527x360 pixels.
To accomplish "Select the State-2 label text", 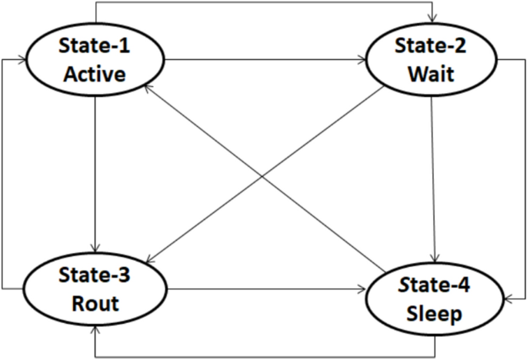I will pos(432,47).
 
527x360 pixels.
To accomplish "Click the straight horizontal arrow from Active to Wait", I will pos(265,60).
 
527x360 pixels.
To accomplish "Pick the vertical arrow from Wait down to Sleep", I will pos(433,177).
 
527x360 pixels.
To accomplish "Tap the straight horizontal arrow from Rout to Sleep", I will pos(265,290).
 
